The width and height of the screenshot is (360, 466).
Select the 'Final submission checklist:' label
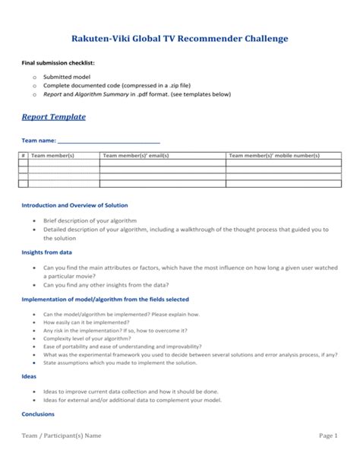[55, 63]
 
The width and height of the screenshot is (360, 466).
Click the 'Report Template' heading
[52, 116]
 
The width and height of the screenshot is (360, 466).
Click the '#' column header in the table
[23, 155]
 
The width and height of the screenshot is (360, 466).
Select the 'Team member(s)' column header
[52, 155]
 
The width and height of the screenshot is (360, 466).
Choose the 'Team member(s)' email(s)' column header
[135, 155]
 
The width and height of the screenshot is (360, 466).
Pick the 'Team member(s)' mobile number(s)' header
[274, 155]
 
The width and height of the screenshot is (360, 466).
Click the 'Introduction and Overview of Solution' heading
[74, 205]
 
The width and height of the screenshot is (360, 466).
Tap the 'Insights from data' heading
[46, 252]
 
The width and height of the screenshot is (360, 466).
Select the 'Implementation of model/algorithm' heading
[105, 299]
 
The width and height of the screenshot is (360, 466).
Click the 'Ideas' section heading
[29, 375]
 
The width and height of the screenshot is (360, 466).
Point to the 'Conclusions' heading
[38, 414]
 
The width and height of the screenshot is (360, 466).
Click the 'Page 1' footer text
[328, 436]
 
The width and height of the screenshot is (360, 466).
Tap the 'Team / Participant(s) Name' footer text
[61, 436]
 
